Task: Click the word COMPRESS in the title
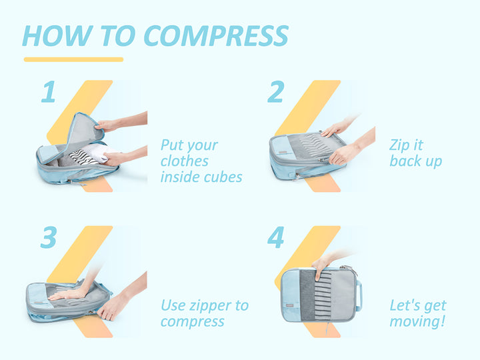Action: click(216, 36)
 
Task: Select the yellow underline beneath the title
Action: click(73, 59)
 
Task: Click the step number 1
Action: click(49, 91)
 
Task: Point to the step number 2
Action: click(276, 91)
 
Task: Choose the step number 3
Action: click(49, 237)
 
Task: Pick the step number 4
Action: click(276, 237)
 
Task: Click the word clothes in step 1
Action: click(185, 161)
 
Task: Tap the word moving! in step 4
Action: click(417, 322)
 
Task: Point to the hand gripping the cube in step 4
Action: click(321, 266)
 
